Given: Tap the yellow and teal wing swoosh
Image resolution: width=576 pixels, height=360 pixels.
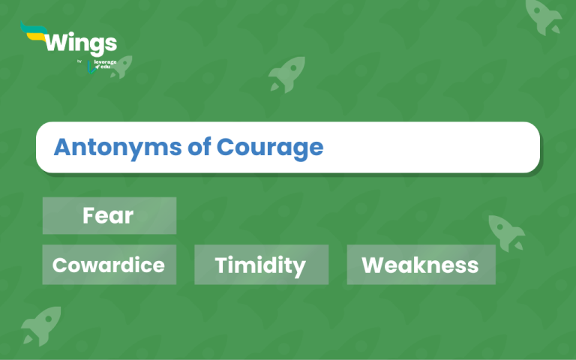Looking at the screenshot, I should (x=32, y=32).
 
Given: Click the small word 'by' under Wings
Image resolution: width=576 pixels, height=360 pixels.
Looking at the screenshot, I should (x=79, y=61).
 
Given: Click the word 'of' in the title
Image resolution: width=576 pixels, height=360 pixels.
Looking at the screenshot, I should (x=197, y=147).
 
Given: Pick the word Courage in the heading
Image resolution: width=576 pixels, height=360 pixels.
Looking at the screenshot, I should (x=270, y=147).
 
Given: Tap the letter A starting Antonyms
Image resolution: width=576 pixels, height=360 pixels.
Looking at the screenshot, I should (x=61, y=147).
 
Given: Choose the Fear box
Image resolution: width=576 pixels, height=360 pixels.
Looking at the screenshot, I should (x=109, y=216).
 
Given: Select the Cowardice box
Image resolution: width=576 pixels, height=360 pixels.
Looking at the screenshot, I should (x=109, y=265).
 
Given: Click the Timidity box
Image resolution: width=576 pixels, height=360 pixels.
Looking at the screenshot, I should (x=261, y=265).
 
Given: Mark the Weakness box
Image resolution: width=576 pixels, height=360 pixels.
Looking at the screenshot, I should (x=421, y=265).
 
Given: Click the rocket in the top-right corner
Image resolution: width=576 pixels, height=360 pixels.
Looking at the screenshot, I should (x=544, y=16).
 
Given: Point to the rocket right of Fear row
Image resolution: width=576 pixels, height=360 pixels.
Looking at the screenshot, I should (x=505, y=230).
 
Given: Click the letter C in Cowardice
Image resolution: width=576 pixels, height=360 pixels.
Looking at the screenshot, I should (x=60, y=265).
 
